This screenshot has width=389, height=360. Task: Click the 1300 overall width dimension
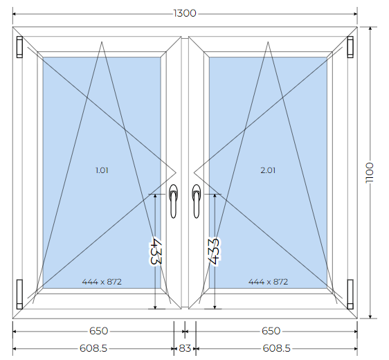(x=185, y=13)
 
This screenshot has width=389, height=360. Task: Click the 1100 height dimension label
(x=370, y=173)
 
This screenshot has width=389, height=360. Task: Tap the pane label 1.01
(x=102, y=170)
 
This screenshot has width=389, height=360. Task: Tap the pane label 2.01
(x=268, y=170)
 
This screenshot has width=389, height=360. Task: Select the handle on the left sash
(x=174, y=201)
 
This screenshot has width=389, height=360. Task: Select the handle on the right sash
(x=197, y=201)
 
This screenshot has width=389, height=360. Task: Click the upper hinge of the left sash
(x=19, y=47)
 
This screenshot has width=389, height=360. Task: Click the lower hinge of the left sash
(x=19, y=294)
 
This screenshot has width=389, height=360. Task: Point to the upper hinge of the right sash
(x=350, y=47)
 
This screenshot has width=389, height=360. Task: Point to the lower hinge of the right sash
(x=350, y=294)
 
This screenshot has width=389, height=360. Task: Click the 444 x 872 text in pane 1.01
(x=102, y=282)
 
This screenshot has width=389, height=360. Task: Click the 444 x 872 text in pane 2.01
(x=268, y=282)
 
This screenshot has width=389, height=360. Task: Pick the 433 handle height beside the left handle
(x=156, y=251)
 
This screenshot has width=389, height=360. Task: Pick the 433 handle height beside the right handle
(x=214, y=251)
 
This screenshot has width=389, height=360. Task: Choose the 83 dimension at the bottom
(x=185, y=348)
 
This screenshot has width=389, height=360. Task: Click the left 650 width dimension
(x=98, y=331)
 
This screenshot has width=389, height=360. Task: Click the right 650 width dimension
(x=271, y=331)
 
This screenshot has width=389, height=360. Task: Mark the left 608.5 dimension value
(x=93, y=348)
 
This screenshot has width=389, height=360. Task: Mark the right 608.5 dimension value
(x=276, y=348)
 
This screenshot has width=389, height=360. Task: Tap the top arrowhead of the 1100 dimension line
(x=370, y=29)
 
